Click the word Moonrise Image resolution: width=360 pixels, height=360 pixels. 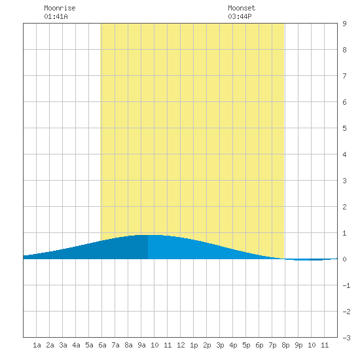(x=60, y=8)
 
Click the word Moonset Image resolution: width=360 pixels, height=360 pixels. (x=242, y=8)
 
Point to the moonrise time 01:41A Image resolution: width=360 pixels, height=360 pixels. (x=56, y=16)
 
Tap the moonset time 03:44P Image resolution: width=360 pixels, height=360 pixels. (x=240, y=16)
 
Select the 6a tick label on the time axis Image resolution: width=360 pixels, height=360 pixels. (x=102, y=345)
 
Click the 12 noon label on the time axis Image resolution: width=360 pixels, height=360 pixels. (x=181, y=345)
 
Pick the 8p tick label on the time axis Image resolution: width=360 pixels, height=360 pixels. (x=285, y=345)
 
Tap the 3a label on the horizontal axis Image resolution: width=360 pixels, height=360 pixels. (x=63, y=345)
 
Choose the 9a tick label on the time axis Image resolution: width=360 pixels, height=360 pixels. (x=141, y=345)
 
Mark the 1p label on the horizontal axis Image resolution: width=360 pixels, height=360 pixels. (x=194, y=345)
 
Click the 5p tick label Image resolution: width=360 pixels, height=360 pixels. (x=246, y=345)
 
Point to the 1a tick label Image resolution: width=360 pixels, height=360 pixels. (x=37, y=345)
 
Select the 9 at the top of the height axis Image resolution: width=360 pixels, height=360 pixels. (x=344, y=24)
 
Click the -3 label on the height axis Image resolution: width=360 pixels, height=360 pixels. (x=346, y=338)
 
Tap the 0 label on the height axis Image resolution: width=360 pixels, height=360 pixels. (x=344, y=259)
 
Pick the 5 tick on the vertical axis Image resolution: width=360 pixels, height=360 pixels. (x=344, y=128)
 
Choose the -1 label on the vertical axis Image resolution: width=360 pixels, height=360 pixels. (x=346, y=285)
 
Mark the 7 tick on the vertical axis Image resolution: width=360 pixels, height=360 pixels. (x=344, y=76)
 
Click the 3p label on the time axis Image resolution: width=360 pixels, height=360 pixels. (x=220, y=345)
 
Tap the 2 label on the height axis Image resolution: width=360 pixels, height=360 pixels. (x=344, y=207)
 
